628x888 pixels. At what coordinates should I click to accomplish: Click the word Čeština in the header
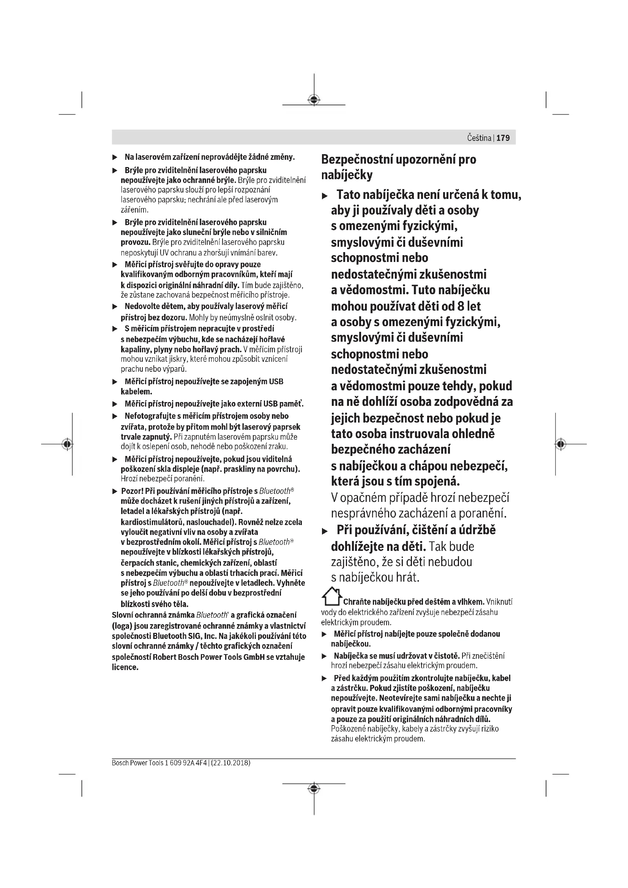click(x=479, y=138)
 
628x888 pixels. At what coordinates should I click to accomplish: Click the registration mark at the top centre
click(x=314, y=100)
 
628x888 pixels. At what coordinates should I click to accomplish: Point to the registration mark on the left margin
click(x=67, y=445)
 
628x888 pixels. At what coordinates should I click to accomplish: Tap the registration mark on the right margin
click(x=561, y=445)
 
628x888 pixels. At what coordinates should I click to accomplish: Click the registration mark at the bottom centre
click(x=314, y=789)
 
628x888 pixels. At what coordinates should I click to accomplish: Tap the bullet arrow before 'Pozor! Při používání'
click(x=115, y=492)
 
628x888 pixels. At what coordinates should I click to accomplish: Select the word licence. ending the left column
click(x=125, y=667)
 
